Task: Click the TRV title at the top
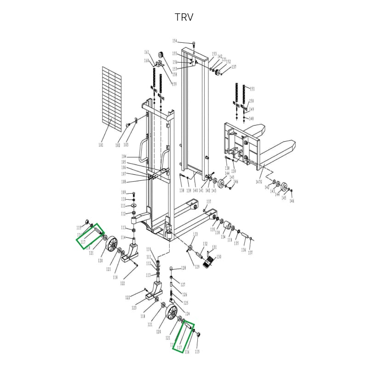click(184, 17)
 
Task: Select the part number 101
click(101, 145)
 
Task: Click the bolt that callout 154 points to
click(194, 44)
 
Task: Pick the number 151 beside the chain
click(252, 89)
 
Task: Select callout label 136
click(243, 250)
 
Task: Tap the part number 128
click(183, 268)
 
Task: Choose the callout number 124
click(187, 314)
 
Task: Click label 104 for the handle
click(124, 157)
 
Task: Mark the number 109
click(123, 192)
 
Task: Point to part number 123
click(134, 308)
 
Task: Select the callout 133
click(195, 234)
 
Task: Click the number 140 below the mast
click(195, 190)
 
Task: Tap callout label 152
click(228, 62)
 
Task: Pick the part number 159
click(174, 84)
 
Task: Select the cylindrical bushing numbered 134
click(226, 227)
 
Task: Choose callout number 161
click(147, 52)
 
